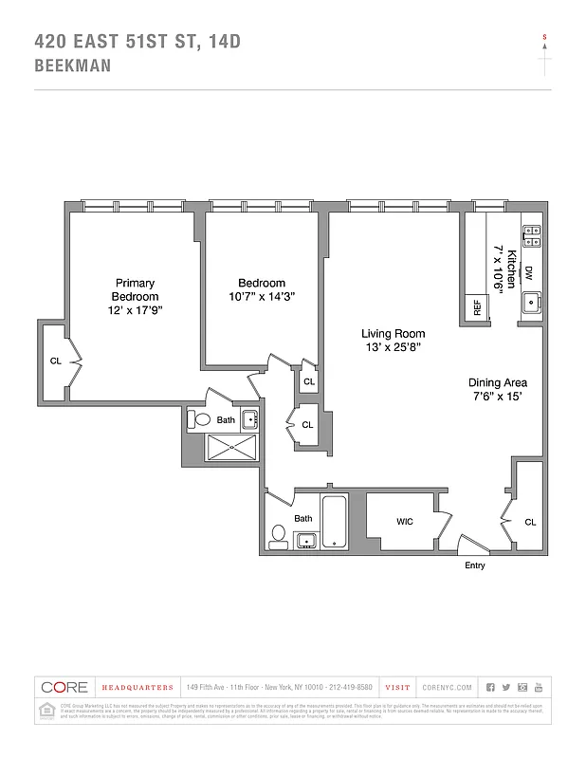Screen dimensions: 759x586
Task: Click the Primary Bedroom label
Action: [135, 289]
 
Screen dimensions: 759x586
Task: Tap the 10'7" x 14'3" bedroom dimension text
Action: [261, 296]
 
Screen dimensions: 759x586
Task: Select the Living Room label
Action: [393, 334]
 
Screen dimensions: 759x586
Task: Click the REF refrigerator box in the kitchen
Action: [473, 308]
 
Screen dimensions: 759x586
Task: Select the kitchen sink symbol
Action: [531, 303]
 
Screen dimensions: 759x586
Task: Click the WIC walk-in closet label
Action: [405, 521]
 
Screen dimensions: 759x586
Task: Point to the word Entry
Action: [475, 566]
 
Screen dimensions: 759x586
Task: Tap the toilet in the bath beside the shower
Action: [200, 418]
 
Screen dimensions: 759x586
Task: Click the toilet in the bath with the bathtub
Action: [278, 536]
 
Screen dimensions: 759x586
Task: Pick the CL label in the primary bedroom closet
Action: [55, 361]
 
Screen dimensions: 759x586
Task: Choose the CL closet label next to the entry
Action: [530, 522]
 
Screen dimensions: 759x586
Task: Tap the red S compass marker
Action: [544, 37]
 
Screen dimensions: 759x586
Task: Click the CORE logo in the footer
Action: [63, 687]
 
